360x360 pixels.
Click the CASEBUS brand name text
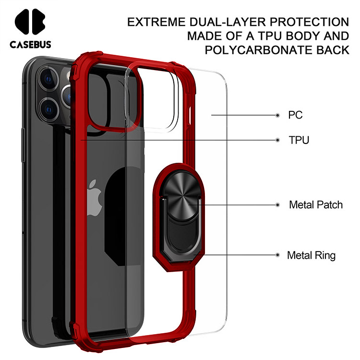click(x=30, y=44)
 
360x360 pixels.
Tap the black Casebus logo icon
click(x=30, y=22)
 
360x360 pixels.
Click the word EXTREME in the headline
click(x=156, y=22)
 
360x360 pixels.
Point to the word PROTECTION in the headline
click(x=309, y=22)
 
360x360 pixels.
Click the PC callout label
click(x=295, y=115)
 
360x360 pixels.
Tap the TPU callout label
click(x=299, y=140)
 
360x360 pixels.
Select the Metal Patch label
click(x=316, y=204)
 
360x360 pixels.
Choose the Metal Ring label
click(x=311, y=255)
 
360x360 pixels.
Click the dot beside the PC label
click(x=277, y=115)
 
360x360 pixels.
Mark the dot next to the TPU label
click(x=277, y=140)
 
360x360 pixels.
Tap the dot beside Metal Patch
click(x=277, y=205)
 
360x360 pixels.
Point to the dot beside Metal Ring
click(x=277, y=255)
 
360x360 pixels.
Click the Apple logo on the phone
click(x=94, y=198)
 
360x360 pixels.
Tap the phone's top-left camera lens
click(x=48, y=79)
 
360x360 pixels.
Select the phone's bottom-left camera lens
click(x=48, y=109)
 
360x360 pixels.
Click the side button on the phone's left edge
click(x=23, y=145)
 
